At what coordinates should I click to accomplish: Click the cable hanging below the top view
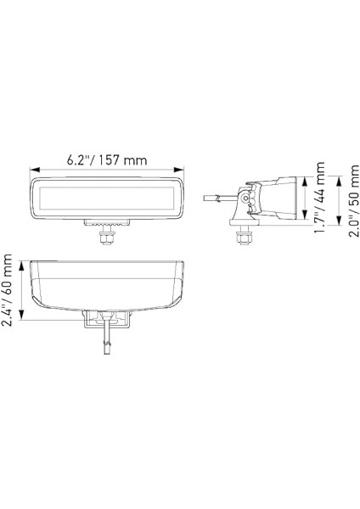click(107, 348)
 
